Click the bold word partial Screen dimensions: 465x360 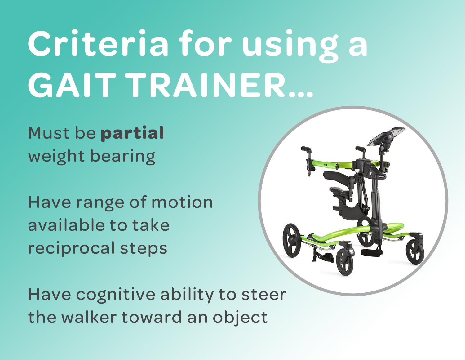click(132, 133)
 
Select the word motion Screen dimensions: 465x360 click(182, 202)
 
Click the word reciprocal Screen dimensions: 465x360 click(72, 248)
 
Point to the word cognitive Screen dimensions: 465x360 click(116, 295)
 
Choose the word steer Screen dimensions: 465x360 click(264, 295)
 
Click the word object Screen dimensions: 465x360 click(240, 318)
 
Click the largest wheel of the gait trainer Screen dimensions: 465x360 click(292, 240)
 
